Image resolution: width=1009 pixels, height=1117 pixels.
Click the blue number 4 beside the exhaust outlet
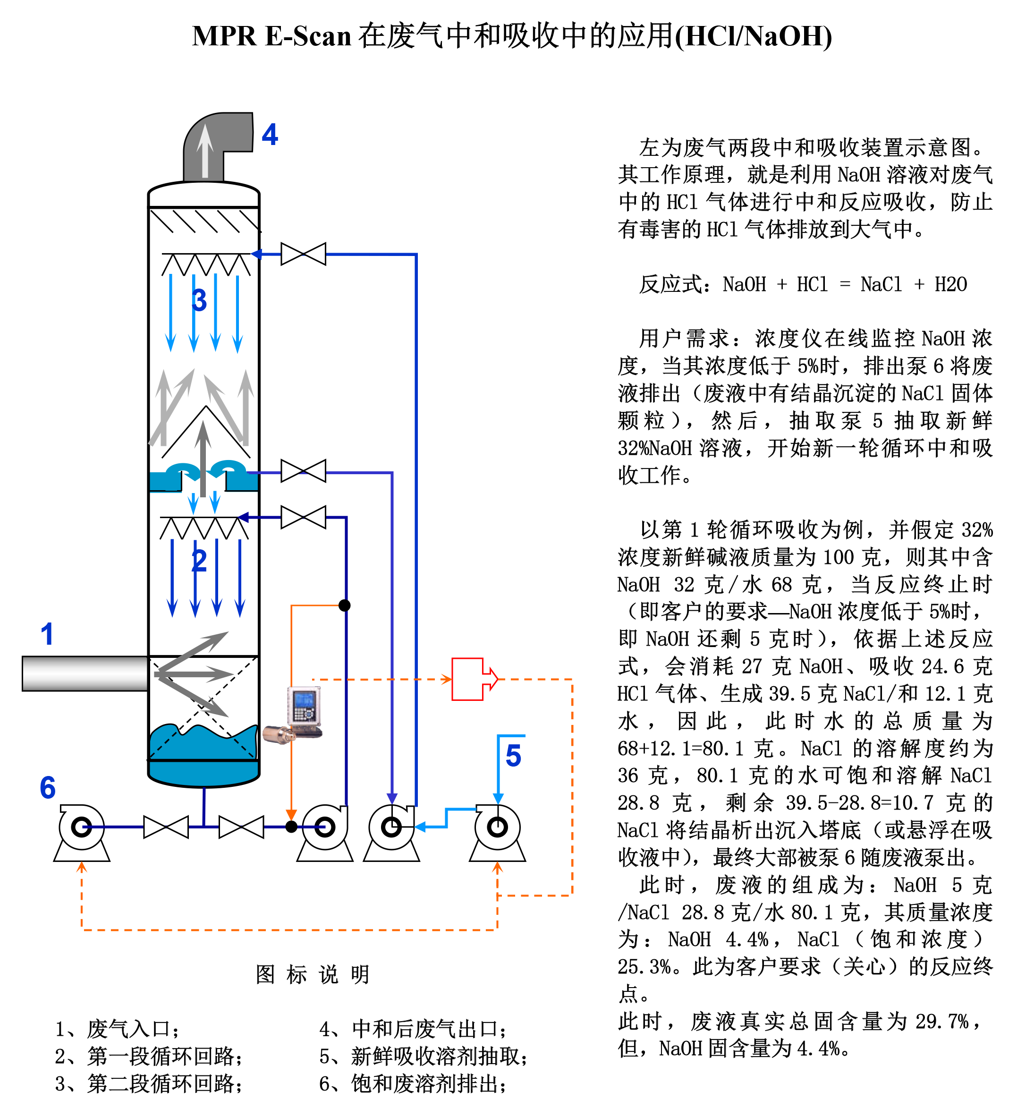[x=270, y=135]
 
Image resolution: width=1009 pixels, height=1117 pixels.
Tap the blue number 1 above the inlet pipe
[x=47, y=634]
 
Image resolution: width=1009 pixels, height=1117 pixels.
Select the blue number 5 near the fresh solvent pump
[x=513, y=755]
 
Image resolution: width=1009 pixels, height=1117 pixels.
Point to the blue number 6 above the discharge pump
[x=48, y=787]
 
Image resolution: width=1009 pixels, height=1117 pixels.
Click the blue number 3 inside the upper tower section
[x=199, y=300]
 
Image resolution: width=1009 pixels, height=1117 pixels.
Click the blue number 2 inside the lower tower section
[x=199, y=561]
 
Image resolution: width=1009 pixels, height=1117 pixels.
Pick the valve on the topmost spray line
[x=304, y=254]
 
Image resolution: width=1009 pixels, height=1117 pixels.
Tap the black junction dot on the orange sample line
[x=345, y=605]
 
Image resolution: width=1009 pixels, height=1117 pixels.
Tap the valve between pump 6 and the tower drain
[x=166, y=827]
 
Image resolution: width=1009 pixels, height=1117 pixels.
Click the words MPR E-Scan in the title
[x=271, y=36]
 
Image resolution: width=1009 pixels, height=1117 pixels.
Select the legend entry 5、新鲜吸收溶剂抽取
[x=423, y=1056]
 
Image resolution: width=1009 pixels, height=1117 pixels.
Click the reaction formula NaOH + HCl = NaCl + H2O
[x=845, y=284]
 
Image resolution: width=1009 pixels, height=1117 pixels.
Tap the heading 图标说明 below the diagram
[x=313, y=974]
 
